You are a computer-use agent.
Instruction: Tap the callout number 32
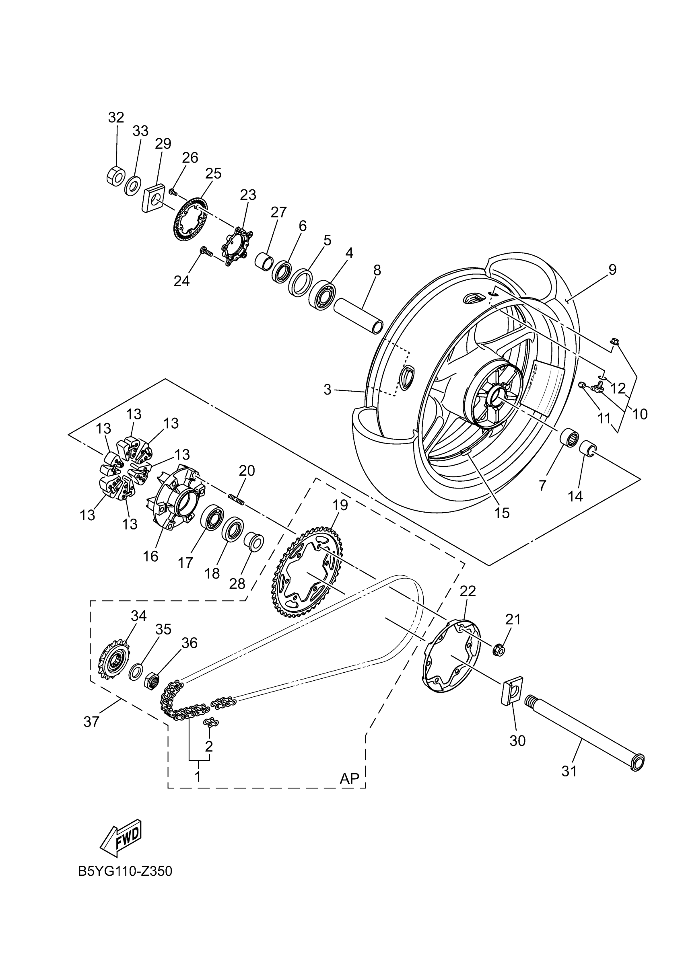click(116, 117)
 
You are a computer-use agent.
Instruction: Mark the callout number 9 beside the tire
click(612, 269)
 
